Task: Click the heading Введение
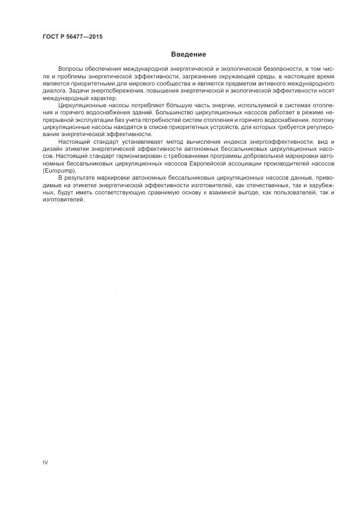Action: [x=188, y=54]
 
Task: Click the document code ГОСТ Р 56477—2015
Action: [x=72, y=37]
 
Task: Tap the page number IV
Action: [x=46, y=463]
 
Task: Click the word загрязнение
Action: [x=207, y=78]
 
